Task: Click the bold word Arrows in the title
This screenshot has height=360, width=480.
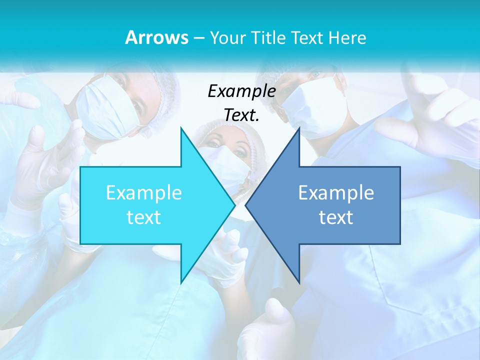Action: point(156,37)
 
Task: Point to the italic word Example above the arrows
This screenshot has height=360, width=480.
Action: point(241,91)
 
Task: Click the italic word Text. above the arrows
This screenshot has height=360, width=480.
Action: point(241,115)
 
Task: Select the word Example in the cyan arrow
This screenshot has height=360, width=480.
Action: point(143,193)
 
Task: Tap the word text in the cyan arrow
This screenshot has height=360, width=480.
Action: point(143,217)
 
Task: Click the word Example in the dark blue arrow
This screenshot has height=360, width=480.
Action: point(336,193)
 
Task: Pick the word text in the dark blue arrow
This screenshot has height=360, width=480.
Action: point(336,217)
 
